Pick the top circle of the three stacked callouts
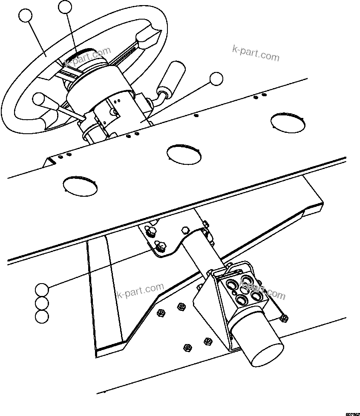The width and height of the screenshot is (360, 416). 42,290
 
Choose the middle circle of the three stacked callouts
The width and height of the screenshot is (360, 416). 42,303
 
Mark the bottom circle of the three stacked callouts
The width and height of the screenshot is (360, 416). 42,316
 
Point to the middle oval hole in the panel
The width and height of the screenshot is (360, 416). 184,154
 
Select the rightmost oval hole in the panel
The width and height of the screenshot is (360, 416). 288,122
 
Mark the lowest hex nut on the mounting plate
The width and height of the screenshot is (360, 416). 186,347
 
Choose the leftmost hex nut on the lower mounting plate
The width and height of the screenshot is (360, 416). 161,313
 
